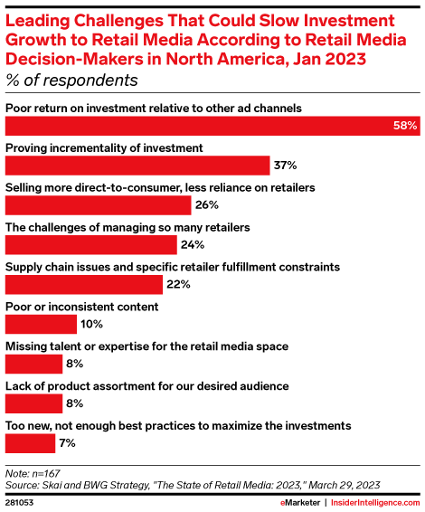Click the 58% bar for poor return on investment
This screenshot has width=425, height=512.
199,126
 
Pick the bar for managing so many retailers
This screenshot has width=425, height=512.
91,245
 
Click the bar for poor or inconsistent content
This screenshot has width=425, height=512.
42,324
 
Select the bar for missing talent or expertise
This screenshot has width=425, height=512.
33,364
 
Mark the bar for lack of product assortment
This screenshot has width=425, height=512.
33,403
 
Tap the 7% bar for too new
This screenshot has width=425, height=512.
30,443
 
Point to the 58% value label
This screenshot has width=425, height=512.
404,126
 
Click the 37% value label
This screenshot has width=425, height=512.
286,166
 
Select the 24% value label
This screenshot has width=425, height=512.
192,245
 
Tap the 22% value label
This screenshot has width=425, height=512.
178,285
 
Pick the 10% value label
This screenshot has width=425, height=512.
91,324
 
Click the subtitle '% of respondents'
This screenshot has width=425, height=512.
71,81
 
